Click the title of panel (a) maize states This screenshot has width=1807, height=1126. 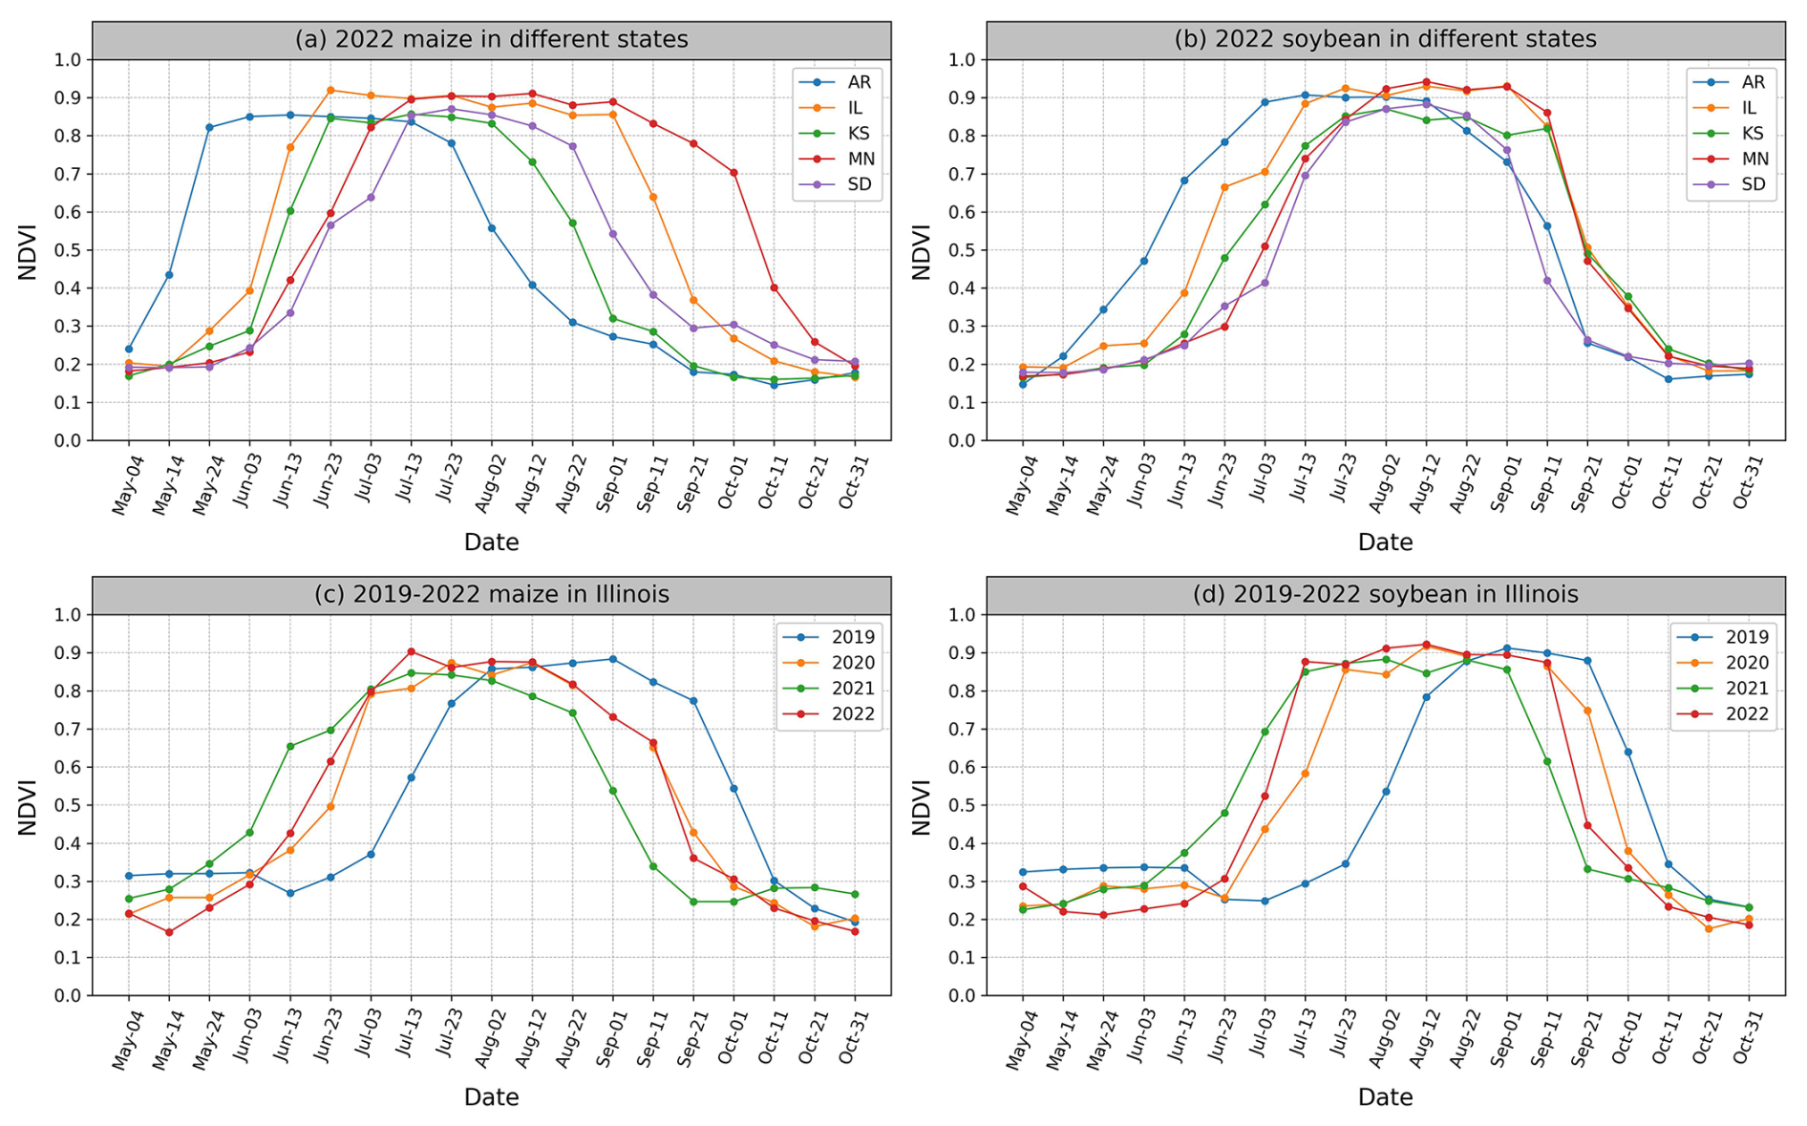click(491, 39)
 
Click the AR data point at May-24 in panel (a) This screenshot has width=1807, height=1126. click(209, 127)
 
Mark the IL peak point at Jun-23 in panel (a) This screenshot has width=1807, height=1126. click(330, 90)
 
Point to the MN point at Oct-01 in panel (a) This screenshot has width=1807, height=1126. click(733, 172)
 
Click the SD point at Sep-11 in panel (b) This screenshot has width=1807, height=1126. click(1547, 280)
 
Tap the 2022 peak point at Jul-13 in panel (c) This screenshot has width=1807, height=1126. click(411, 651)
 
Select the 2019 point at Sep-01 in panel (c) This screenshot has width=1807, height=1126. click(612, 659)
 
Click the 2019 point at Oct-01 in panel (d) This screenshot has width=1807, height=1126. click(1627, 752)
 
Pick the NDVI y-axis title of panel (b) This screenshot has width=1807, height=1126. click(921, 251)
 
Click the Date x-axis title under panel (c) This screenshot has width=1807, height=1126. click(491, 1096)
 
